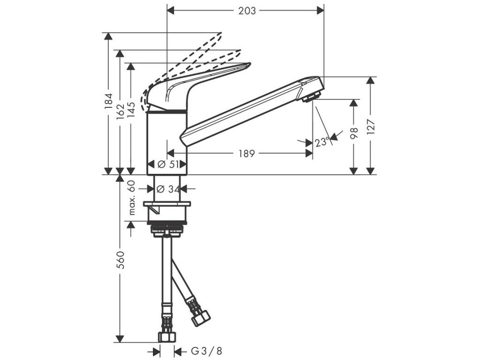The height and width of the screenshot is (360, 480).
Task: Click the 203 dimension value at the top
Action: (x=247, y=10)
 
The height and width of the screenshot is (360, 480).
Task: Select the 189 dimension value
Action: (x=247, y=153)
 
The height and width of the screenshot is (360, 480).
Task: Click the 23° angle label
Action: (x=322, y=142)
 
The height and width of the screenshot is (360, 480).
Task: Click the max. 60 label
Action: (x=132, y=197)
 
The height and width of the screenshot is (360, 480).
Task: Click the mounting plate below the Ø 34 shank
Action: (x=167, y=204)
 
